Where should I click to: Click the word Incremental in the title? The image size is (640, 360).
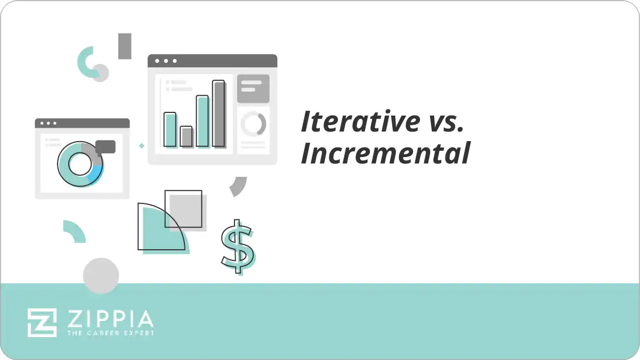pos(385,153)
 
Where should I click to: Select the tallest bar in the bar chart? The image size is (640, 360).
pos(218,113)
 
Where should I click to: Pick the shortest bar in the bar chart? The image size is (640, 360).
pos(186,136)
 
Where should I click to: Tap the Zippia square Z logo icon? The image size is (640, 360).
pos(42,323)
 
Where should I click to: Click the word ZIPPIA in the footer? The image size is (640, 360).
pos(110,319)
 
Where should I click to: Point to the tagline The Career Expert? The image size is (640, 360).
pos(110,333)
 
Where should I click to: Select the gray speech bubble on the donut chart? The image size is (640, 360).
pos(106,147)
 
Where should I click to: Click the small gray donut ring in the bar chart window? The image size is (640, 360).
pos(253,124)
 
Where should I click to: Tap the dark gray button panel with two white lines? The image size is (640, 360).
pos(253,88)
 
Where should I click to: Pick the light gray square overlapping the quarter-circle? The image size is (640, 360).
pos(187,212)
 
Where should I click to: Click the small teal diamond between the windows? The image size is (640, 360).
pos(142,145)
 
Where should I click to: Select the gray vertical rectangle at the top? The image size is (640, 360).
pos(125,46)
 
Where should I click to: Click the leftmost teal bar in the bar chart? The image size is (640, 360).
pos(170,129)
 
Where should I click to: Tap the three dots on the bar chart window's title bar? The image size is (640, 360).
pos(165,61)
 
